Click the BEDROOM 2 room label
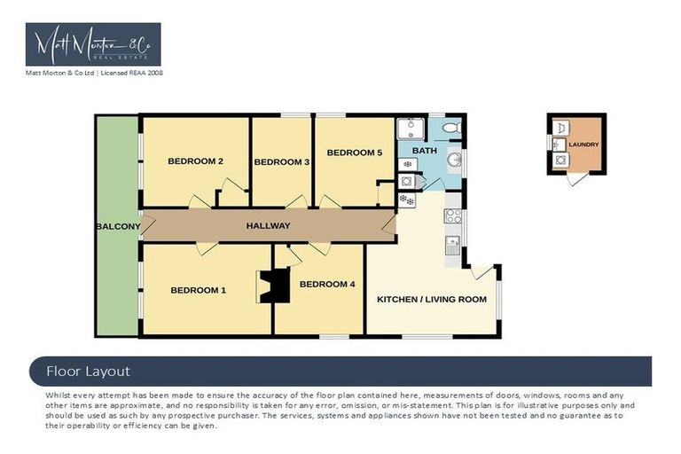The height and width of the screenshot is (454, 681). (195, 161)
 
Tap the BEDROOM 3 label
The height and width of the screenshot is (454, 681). (282, 162)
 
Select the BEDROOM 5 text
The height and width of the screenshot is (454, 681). (355, 153)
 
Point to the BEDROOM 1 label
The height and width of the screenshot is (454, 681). (198, 290)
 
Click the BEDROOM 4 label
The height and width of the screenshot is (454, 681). (327, 284)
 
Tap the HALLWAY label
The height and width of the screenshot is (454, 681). (268, 226)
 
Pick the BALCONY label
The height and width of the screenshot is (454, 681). (118, 226)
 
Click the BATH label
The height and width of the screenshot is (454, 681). (425, 151)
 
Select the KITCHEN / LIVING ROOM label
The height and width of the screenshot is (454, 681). (432, 300)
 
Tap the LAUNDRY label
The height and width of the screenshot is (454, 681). (583, 145)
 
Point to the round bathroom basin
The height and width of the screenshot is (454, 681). (455, 160)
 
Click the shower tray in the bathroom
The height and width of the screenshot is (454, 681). (411, 129)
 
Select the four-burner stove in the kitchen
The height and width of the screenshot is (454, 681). (453, 216)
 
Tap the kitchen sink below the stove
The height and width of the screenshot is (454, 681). (452, 246)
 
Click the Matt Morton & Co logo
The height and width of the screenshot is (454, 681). (93, 44)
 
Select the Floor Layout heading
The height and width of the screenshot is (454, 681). (88, 372)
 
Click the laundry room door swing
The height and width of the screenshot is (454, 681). (576, 179)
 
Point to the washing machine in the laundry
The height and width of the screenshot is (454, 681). (560, 160)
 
